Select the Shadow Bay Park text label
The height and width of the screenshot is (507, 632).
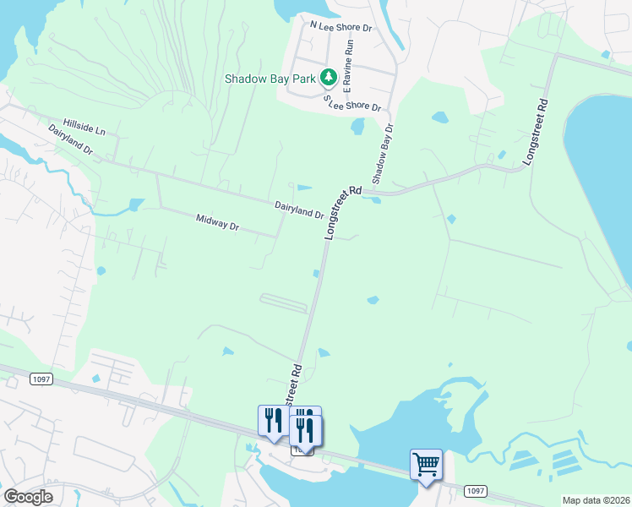click(270, 79)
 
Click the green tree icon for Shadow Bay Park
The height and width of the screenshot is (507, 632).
click(329, 79)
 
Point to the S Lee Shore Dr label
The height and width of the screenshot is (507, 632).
click(353, 103)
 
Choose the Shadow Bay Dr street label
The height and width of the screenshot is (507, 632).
click(383, 155)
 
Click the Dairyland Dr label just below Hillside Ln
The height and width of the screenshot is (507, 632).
click(70, 139)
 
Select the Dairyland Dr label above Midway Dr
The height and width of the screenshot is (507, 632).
click(299, 210)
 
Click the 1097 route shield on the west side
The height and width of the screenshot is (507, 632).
click(41, 379)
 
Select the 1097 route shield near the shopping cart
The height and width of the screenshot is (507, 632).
click(476, 491)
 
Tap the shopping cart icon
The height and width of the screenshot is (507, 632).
click(425, 464)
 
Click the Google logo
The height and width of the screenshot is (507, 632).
click(29, 497)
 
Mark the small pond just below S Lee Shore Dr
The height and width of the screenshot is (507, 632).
click(357, 126)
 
